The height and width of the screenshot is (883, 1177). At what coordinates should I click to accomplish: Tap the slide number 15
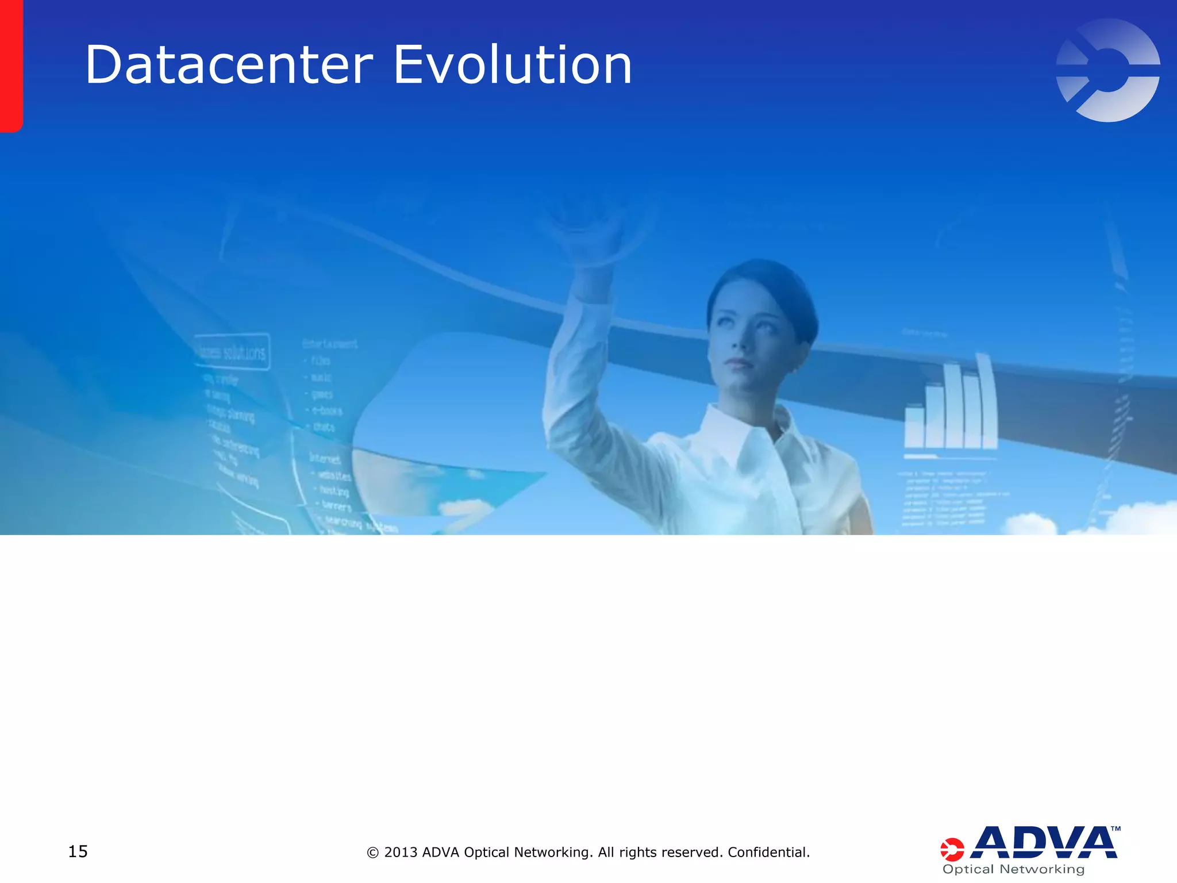click(x=78, y=851)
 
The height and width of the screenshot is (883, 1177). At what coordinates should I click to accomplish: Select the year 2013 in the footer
click(x=401, y=852)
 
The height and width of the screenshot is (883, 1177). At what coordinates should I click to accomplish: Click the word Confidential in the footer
click(x=767, y=852)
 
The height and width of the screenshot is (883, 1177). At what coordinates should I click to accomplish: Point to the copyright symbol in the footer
click(x=372, y=853)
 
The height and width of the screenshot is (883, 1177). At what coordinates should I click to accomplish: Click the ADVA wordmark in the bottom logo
click(x=1043, y=843)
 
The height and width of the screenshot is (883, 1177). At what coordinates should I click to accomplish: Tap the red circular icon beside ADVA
click(x=952, y=849)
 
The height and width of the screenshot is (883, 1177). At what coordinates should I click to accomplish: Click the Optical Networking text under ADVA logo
click(x=1013, y=869)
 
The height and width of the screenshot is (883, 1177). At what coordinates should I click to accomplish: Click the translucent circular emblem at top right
click(x=1108, y=70)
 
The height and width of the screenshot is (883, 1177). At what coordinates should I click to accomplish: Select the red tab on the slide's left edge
click(x=10, y=66)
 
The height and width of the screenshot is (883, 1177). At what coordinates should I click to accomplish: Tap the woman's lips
click(x=738, y=363)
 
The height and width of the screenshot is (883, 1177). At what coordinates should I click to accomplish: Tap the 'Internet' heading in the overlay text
click(x=325, y=458)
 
